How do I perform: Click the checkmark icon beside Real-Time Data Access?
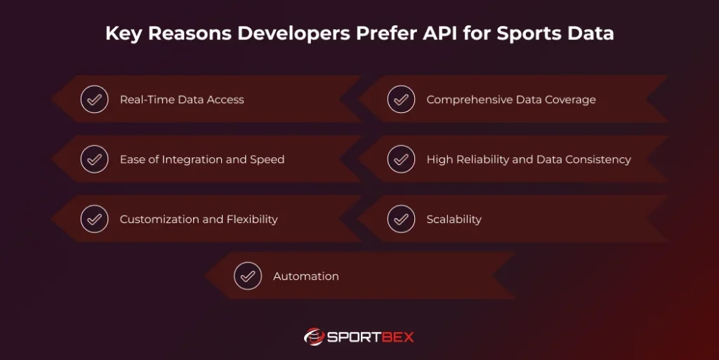[x=93, y=100]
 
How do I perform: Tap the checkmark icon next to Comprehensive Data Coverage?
[x=400, y=100]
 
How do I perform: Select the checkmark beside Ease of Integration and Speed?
[x=93, y=159]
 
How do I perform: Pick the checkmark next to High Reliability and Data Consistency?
[x=400, y=159]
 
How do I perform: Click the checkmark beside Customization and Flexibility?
[x=93, y=219]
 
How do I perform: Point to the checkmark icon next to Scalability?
[x=400, y=219]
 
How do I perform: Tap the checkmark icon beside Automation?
[x=247, y=276]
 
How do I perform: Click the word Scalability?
[x=454, y=220]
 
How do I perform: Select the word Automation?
[x=305, y=276]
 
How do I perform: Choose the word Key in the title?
[x=123, y=34]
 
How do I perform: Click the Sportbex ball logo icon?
[x=313, y=337]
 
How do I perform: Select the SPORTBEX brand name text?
[x=370, y=338]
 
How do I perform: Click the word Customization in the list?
[x=159, y=220]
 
